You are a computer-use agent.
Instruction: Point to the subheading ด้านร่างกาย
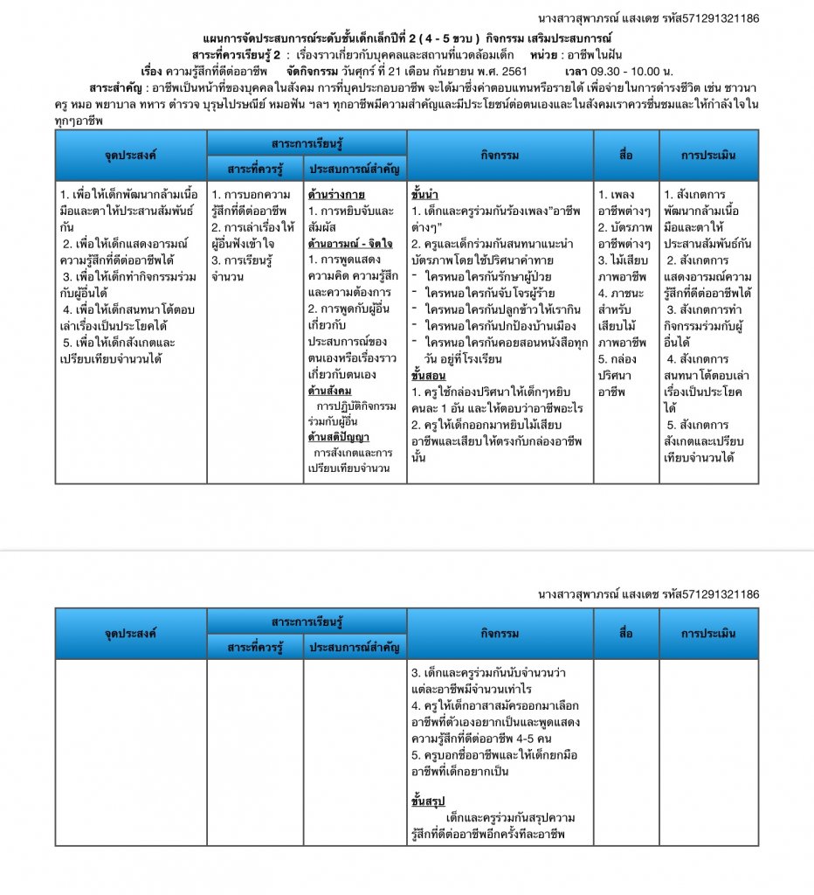tap(336, 194)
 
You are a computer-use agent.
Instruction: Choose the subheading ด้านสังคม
tap(329, 390)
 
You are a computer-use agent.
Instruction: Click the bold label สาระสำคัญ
tap(117, 87)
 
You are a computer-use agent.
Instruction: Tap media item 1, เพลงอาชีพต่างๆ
tap(622, 202)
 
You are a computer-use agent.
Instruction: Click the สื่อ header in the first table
tap(625, 156)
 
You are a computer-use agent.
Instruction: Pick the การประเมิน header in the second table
tap(708, 633)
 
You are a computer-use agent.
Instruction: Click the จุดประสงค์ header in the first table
tap(131, 156)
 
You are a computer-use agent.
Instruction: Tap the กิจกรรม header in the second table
tap(500, 633)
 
